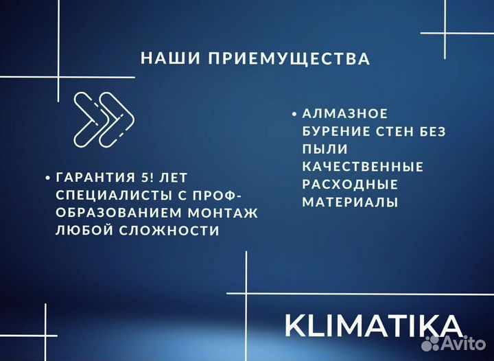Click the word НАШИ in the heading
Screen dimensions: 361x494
[165, 58]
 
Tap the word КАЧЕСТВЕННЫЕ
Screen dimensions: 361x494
[362, 167]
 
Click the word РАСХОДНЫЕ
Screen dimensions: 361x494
[350, 185]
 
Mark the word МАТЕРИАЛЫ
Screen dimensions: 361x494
[350, 202]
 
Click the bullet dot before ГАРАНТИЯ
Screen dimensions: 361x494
[47, 178]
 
